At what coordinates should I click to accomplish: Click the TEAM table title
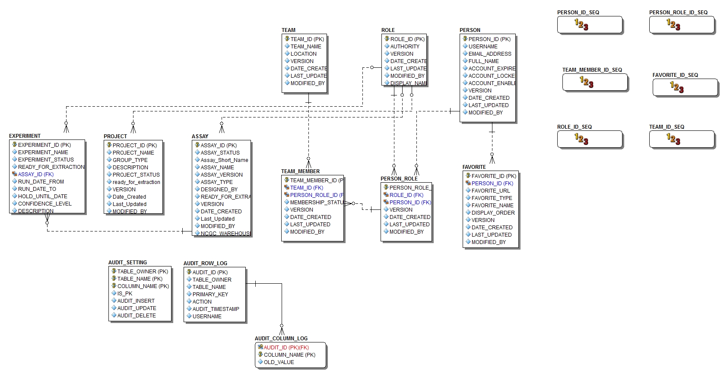[289, 30]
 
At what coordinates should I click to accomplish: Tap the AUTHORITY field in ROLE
[405, 47]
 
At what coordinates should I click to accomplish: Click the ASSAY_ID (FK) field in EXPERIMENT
[36, 174]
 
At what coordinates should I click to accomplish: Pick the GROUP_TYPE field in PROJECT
[130, 160]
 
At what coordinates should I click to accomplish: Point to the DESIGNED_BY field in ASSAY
[219, 190]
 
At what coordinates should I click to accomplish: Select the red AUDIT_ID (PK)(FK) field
[286, 348]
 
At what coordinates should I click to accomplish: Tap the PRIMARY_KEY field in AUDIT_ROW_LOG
[210, 295]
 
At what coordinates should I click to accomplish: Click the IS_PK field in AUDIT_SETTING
[124, 294]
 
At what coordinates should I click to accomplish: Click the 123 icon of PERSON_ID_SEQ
[581, 25]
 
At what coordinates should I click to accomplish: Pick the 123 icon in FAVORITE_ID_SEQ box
[677, 87]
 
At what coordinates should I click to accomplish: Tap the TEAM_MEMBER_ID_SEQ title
[592, 70]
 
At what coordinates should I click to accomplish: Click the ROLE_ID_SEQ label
[574, 127]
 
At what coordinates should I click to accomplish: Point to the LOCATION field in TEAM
[303, 54]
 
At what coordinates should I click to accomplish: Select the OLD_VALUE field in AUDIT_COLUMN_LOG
[279, 362]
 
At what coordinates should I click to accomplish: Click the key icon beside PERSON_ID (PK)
[465, 39]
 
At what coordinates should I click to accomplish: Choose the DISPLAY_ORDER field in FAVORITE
[493, 213]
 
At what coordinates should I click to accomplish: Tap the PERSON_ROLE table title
[399, 179]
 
